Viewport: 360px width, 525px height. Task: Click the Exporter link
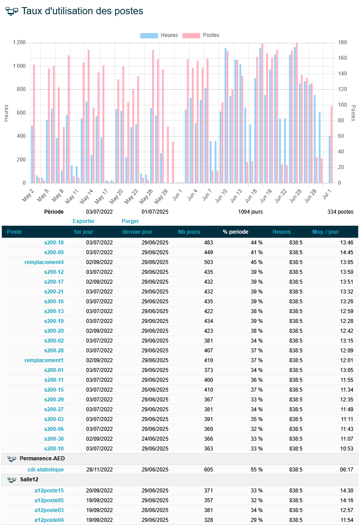[84, 221]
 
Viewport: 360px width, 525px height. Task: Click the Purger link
[130, 221]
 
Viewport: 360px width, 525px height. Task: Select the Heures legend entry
[159, 35]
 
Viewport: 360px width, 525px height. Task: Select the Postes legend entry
[201, 35]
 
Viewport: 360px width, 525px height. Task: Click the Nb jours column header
[189, 231]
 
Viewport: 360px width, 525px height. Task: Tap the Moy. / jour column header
[326, 231]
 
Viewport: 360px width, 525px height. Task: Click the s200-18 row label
[54, 242]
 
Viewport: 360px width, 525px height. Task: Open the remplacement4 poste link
[44, 262]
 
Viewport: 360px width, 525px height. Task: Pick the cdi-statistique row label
[46, 469]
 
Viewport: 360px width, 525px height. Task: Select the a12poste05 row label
[49, 500]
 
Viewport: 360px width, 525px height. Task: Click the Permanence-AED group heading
[42, 459]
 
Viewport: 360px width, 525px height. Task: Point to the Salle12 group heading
[29, 480]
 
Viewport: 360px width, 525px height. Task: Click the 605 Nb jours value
[208, 469]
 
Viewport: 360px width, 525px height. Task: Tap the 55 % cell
[257, 469]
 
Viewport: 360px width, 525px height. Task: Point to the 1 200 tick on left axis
[19, 42]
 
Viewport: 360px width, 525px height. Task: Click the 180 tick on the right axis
[342, 42]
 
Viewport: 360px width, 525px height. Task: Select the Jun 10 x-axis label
[221, 196]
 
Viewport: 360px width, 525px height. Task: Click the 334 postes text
[340, 211]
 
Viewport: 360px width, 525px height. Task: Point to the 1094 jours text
[251, 211]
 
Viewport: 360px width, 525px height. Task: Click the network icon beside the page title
[12, 11]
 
